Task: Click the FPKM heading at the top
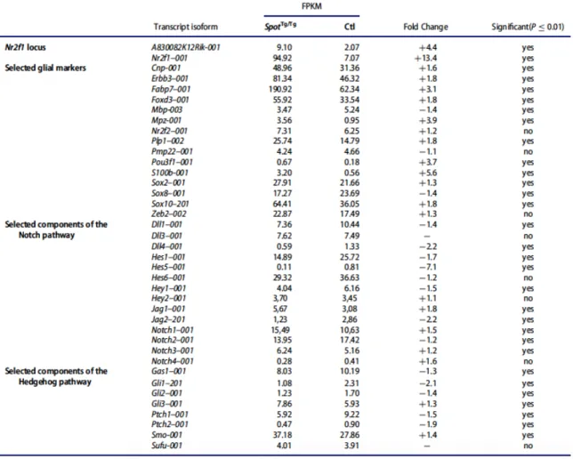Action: [311, 6]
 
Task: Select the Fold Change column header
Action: [425, 27]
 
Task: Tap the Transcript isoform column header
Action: [185, 27]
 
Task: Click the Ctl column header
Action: [350, 27]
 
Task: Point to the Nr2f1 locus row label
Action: [25, 47]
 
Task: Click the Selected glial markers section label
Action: [45, 68]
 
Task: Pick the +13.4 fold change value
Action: [425, 58]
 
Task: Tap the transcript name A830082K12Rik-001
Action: [186, 47]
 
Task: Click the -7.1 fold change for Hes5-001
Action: [428, 267]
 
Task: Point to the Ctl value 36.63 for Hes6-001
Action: [349, 278]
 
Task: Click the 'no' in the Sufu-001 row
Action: [528, 446]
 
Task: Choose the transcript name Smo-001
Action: [166, 435]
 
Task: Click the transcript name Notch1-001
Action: [172, 330]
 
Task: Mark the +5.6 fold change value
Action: [428, 173]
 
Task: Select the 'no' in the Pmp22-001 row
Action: [528, 152]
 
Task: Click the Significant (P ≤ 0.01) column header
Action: [528, 27]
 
